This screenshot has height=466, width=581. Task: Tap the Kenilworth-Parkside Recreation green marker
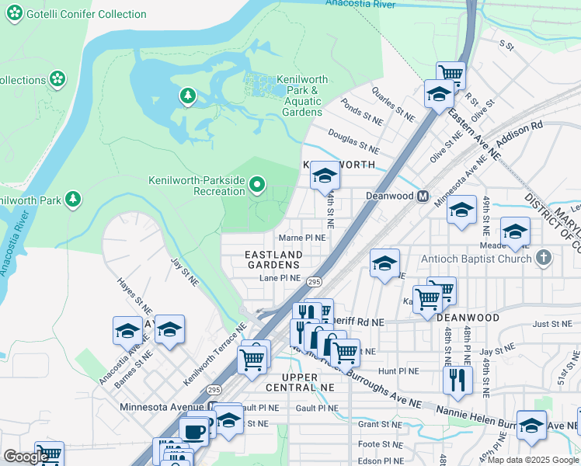click(258, 185)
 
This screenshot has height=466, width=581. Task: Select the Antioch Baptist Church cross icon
click(544, 257)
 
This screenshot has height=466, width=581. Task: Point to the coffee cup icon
click(193, 429)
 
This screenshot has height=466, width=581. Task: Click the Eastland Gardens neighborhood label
click(273, 259)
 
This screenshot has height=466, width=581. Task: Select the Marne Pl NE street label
click(302, 238)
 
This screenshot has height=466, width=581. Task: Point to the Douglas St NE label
click(353, 141)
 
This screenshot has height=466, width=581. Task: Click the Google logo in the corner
click(26, 457)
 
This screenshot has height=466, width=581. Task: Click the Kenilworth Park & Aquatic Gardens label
click(302, 96)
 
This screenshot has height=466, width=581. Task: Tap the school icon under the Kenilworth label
click(325, 177)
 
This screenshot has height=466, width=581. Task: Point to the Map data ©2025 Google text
click(533, 460)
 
